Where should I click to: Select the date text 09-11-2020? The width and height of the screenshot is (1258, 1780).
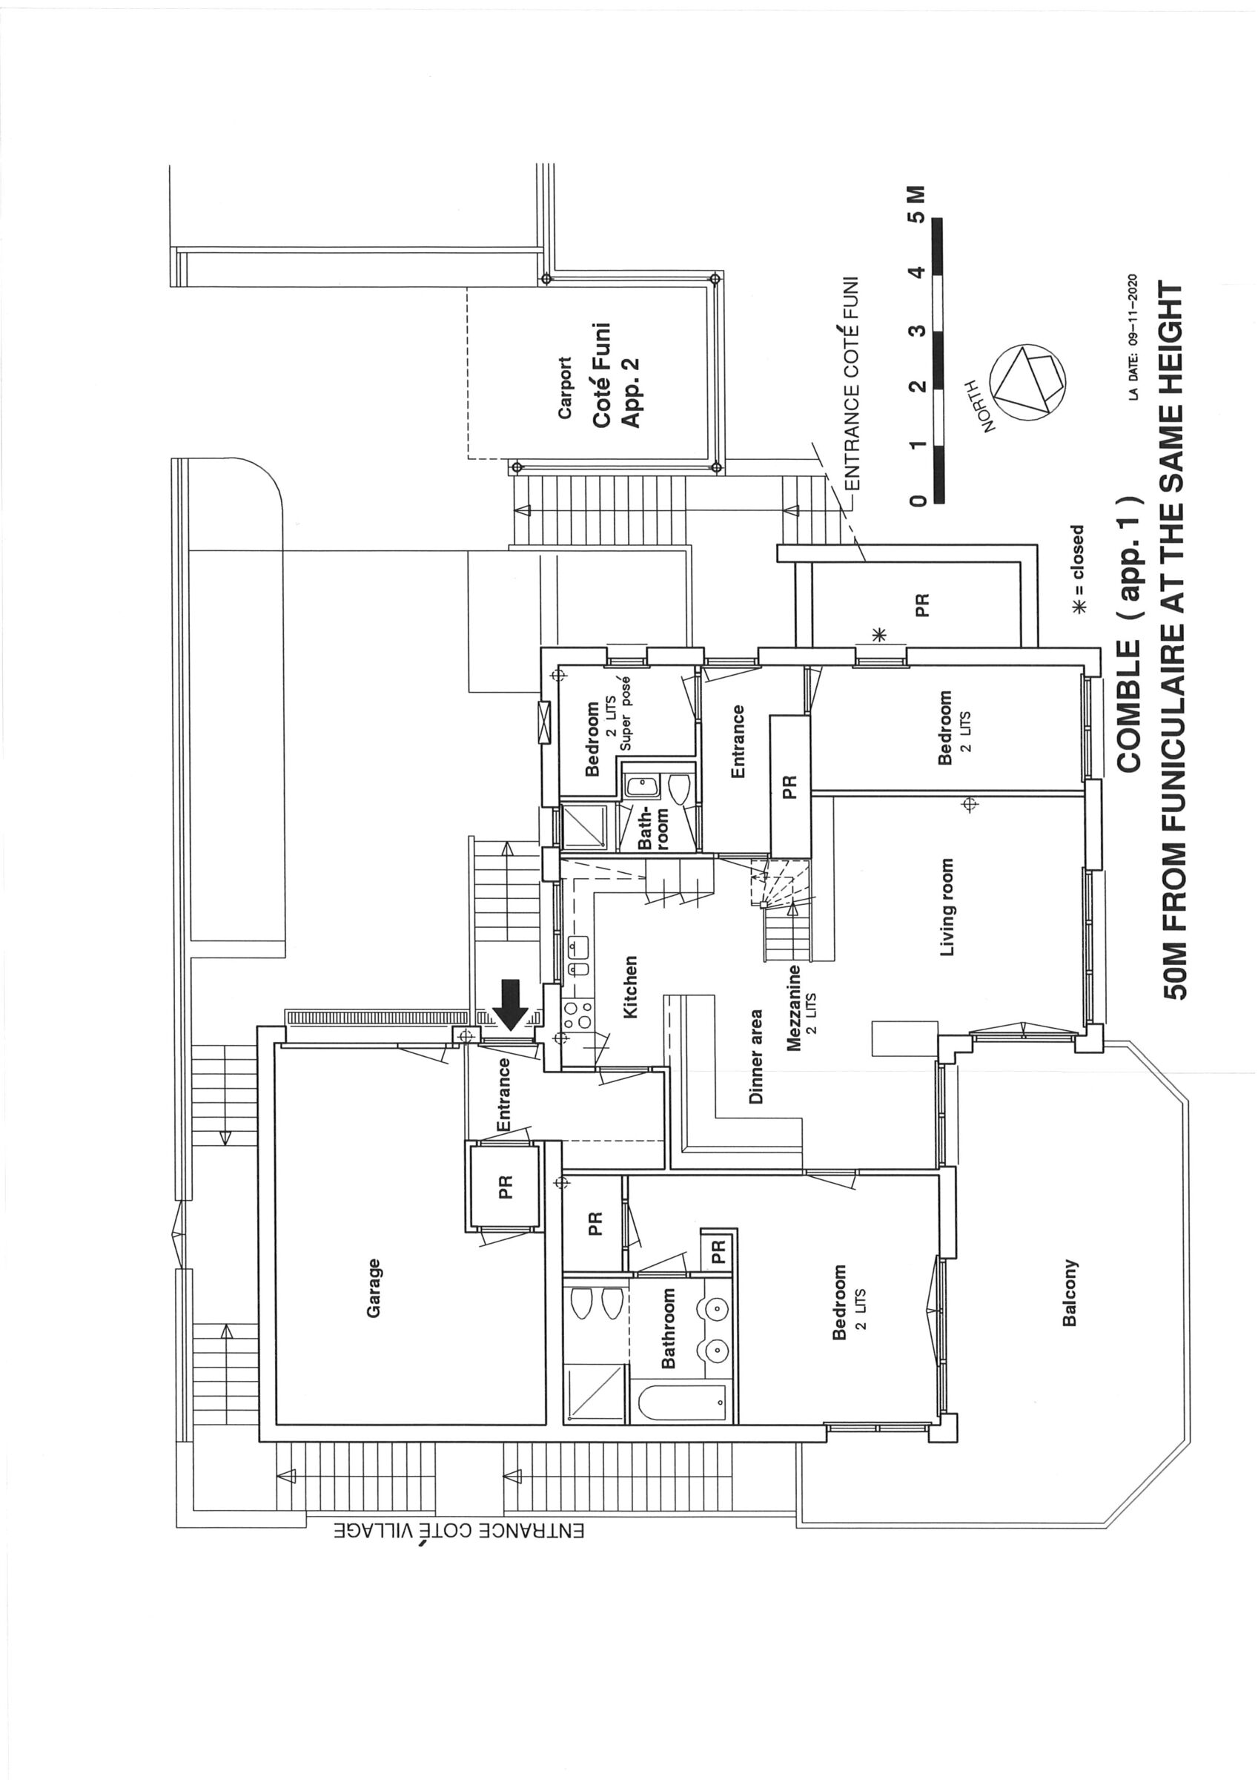1134,332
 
